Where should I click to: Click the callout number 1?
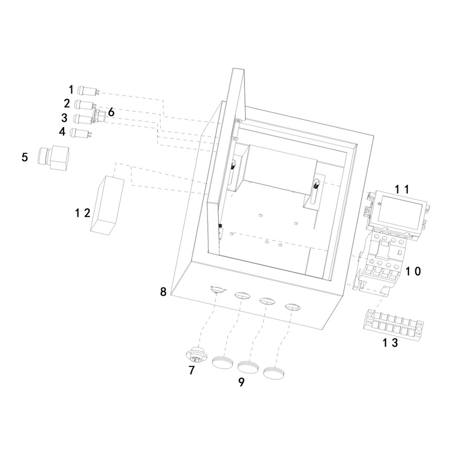tap(71, 89)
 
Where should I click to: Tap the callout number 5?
tap(25, 157)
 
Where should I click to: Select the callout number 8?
tap(163, 291)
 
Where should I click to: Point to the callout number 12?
tap(83, 213)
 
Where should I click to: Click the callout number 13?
tap(391, 342)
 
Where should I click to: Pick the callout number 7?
tap(192, 370)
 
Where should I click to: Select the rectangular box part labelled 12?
tap(107, 204)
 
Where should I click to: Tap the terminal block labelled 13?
tap(393, 324)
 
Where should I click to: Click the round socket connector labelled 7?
tap(197, 354)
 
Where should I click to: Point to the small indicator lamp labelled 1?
tap(89, 90)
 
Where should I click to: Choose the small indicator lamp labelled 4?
tap(81, 132)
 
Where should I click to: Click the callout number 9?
tap(241, 382)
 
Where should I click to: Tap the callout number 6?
tap(111, 112)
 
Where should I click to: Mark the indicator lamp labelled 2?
tap(85, 104)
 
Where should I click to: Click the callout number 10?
tap(413, 271)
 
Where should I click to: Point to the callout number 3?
tap(64, 118)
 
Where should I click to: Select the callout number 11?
tap(402, 190)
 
